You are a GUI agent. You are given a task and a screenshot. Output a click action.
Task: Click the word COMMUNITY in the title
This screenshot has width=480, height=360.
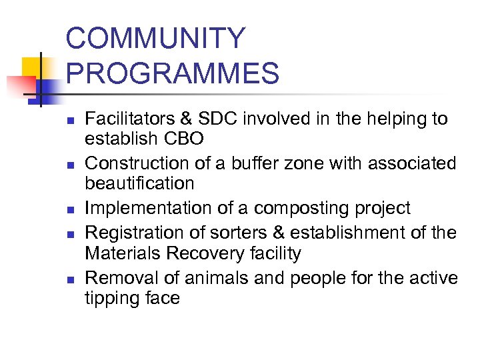(x=155, y=39)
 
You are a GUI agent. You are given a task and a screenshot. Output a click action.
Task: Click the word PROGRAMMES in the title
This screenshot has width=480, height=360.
(x=172, y=73)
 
